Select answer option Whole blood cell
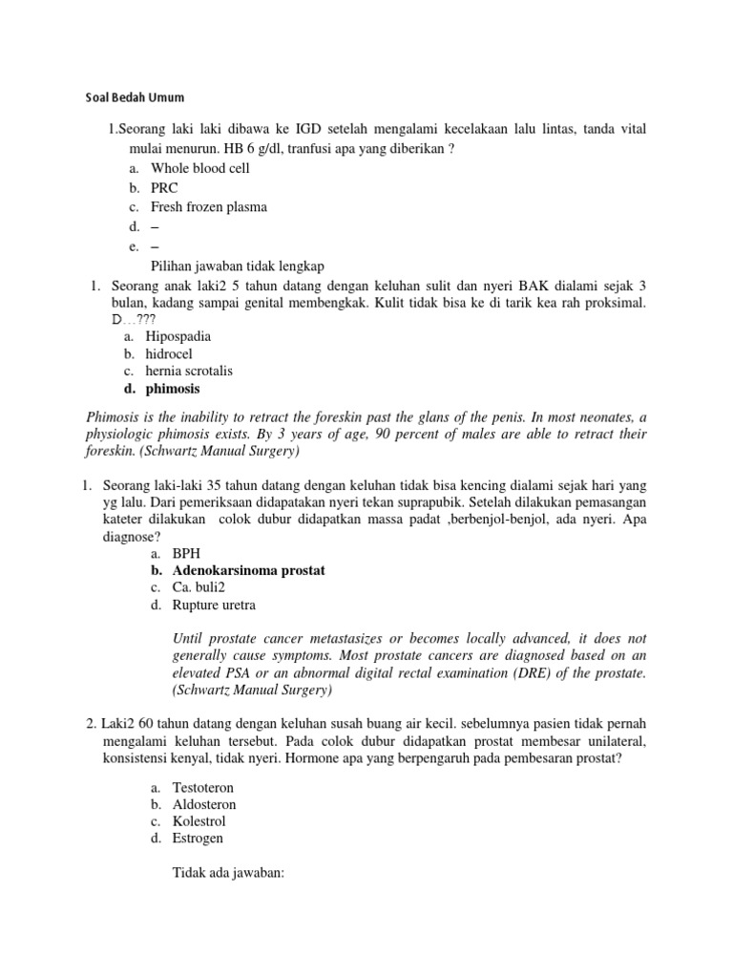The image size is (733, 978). point(199,168)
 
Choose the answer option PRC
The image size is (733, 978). point(164,187)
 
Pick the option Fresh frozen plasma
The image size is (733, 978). point(208,206)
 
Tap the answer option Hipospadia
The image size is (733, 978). point(178,336)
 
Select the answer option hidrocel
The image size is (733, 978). point(169,353)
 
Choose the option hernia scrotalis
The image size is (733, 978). point(189,371)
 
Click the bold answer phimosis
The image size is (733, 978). point(173,389)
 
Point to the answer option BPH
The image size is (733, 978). point(187,553)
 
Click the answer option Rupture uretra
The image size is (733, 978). point(214,605)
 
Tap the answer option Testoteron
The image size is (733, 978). point(202,787)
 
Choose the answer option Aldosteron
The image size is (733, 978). point(203,804)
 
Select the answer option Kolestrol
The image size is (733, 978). point(199,821)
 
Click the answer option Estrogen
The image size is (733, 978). point(198,839)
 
